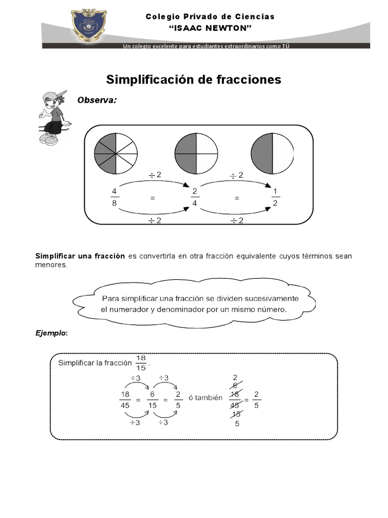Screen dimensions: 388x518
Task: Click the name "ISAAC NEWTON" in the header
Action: point(210,28)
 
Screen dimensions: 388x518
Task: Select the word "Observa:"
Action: point(96,100)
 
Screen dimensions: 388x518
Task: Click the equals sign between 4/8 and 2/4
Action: point(152,199)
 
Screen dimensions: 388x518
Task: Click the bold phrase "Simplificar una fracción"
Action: point(80,256)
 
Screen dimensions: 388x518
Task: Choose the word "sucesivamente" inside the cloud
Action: point(273,298)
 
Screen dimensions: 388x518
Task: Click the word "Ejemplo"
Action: point(50,333)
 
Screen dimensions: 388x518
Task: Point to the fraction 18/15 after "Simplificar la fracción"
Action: point(141,362)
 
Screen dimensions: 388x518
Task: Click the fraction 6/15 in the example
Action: point(152,400)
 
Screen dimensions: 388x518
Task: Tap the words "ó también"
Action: point(205,398)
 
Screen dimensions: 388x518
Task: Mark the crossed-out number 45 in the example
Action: point(235,405)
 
